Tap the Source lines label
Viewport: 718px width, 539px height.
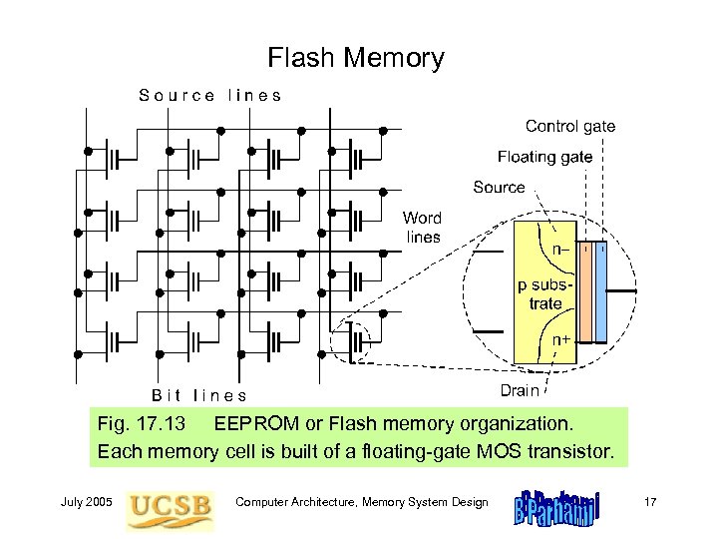(209, 96)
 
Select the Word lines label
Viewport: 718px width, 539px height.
(422, 227)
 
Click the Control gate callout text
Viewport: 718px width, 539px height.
(569, 127)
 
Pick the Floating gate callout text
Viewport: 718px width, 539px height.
(544, 157)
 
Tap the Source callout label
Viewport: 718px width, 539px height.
(500, 187)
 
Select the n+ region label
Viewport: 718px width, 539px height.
(562, 340)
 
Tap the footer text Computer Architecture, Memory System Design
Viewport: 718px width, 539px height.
(361, 502)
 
